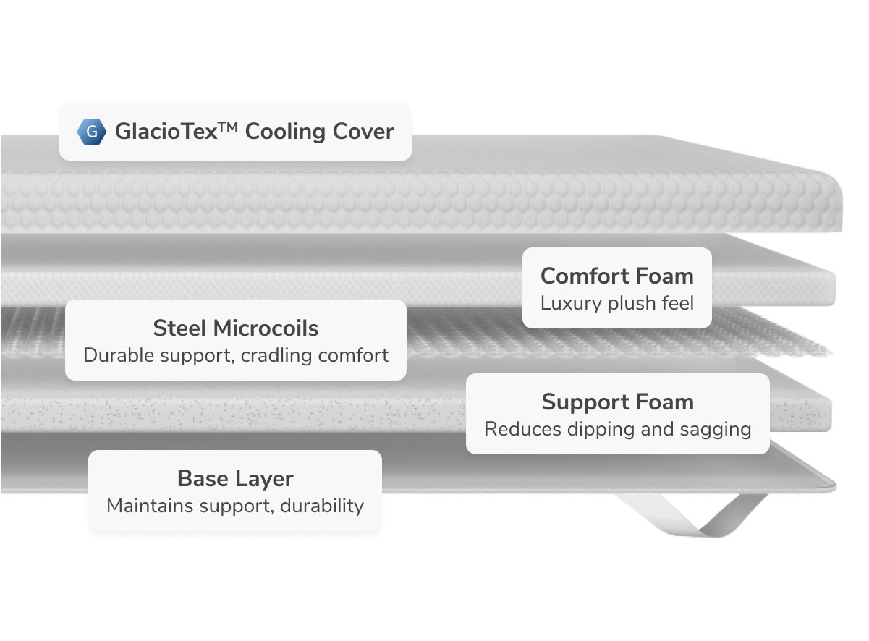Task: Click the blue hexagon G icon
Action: pyautogui.click(x=91, y=132)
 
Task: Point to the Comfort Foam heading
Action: pyautogui.click(x=616, y=276)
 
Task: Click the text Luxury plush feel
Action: pyautogui.click(x=616, y=302)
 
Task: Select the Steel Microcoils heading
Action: pyautogui.click(x=236, y=328)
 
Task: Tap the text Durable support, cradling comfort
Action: pyautogui.click(x=236, y=355)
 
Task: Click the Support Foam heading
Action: pyautogui.click(x=617, y=402)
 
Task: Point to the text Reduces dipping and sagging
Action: pyautogui.click(x=617, y=429)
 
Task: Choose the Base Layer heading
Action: pyautogui.click(x=235, y=478)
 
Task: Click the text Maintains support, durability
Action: pyautogui.click(x=235, y=505)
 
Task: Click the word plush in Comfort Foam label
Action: pyautogui.click(x=630, y=302)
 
